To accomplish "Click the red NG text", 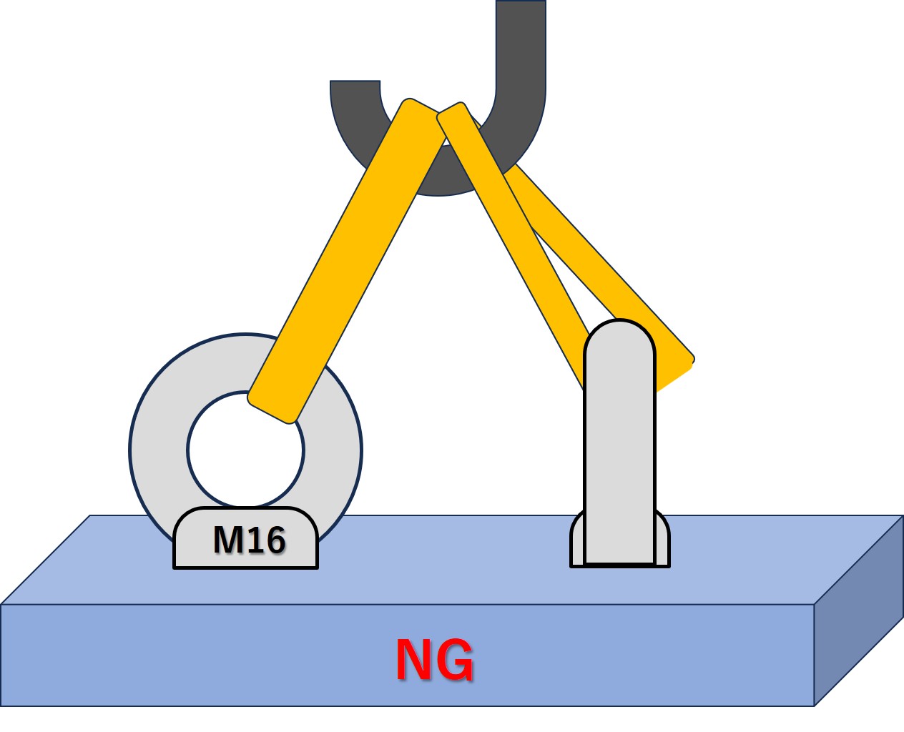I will coord(434,660).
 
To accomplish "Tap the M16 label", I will coord(249,540).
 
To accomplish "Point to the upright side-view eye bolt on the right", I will coord(619,443).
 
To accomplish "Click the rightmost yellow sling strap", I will coord(608,272).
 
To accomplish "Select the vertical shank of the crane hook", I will coord(521,43).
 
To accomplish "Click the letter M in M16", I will coord(227,540).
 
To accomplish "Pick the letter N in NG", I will coord(413,660).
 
